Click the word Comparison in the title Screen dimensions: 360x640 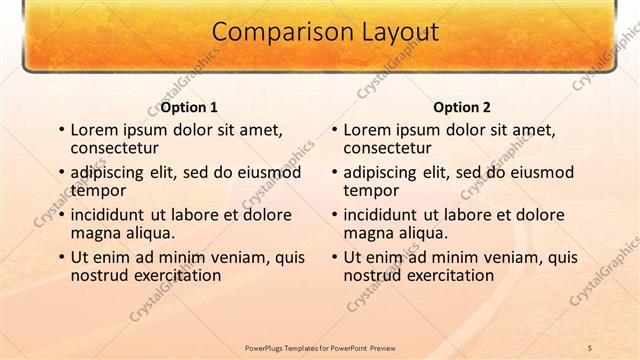[x=272, y=32]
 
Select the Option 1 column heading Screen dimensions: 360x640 [x=189, y=107]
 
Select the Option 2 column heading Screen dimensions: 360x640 [x=462, y=107]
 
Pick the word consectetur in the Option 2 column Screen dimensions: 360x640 [x=390, y=149]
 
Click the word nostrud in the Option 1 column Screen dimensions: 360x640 [x=99, y=274]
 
